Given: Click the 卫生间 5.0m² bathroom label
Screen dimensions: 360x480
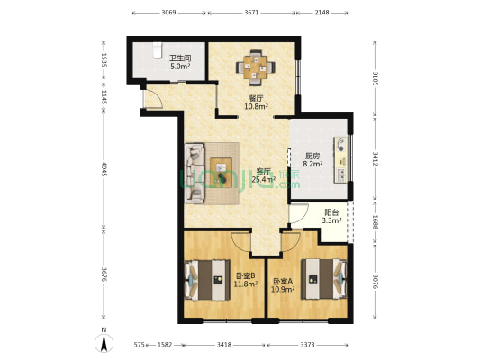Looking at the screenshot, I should click(x=179, y=63).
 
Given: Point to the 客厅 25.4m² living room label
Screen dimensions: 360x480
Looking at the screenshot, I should click(x=263, y=175).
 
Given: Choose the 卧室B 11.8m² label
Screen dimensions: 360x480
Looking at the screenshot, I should click(x=246, y=280).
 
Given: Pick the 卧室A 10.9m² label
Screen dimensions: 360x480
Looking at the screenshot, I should click(x=283, y=280).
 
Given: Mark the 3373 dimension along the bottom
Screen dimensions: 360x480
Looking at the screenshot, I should click(x=307, y=344).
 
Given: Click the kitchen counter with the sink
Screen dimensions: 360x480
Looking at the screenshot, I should click(x=341, y=158).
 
